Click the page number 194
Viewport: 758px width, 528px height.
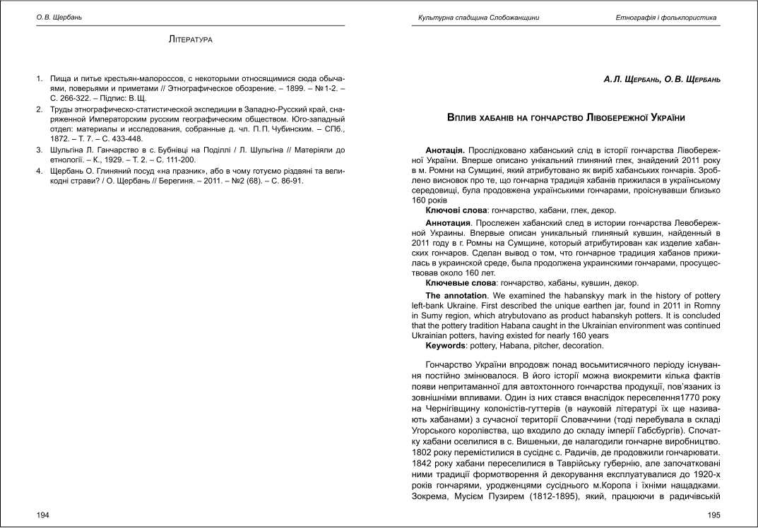pyautogui.click(x=42, y=515)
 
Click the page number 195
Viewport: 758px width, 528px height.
pyautogui.click(x=713, y=515)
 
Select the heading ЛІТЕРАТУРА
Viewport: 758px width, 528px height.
pyautogui.click(x=191, y=40)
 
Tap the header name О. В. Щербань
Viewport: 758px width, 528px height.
pyautogui.click(x=59, y=17)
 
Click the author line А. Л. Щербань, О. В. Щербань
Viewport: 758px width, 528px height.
pyautogui.click(x=652, y=80)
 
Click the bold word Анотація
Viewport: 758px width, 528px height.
pyautogui.click(x=444, y=151)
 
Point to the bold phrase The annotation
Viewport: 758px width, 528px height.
pyautogui.click(x=456, y=295)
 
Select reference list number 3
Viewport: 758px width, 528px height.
pyautogui.click(x=40, y=150)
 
